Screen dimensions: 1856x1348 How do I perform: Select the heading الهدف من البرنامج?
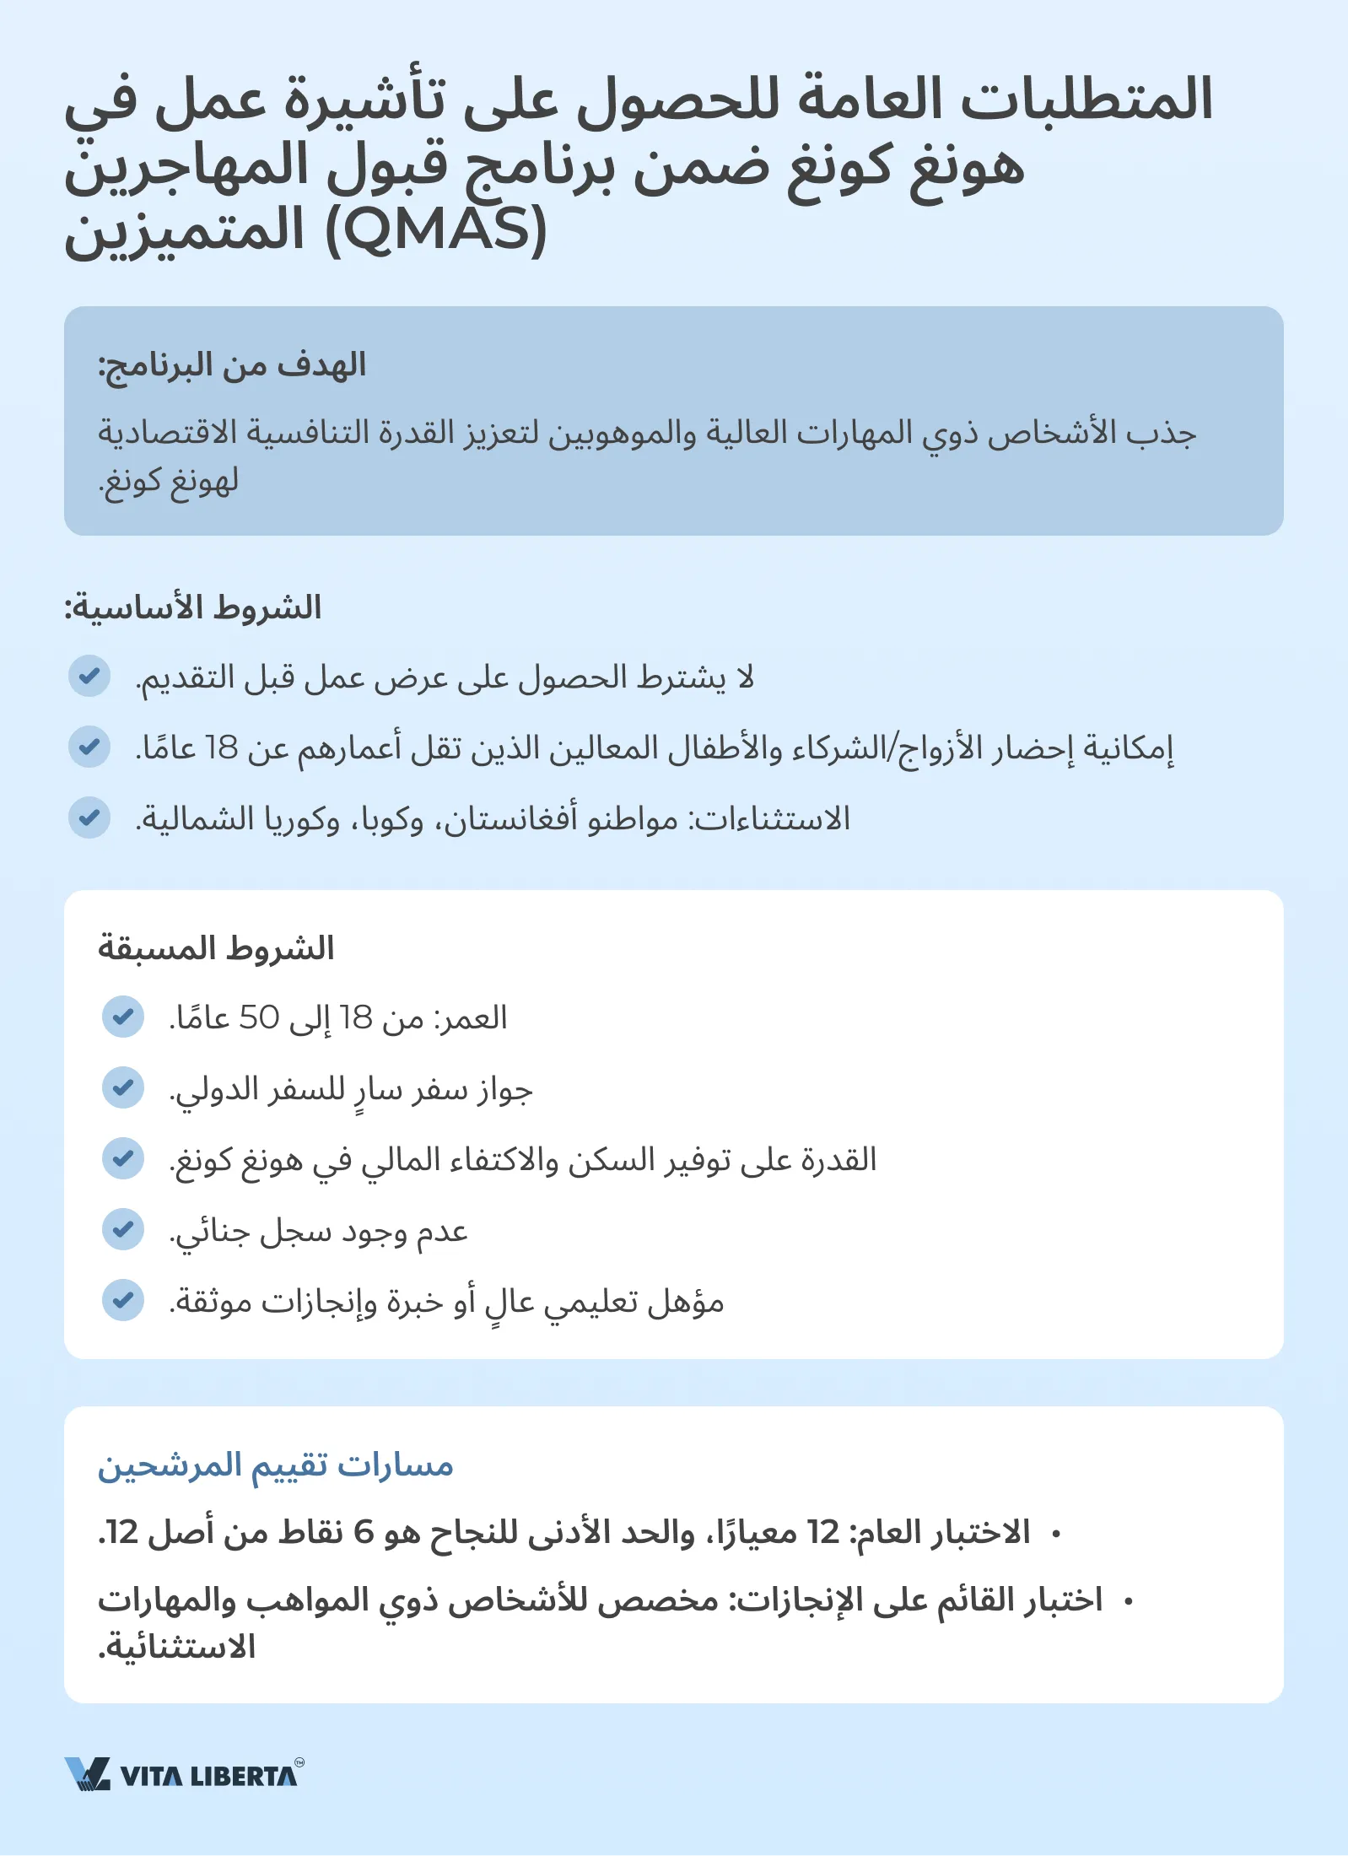(232, 366)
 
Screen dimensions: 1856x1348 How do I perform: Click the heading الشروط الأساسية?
(193, 608)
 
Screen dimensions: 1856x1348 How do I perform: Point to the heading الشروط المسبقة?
(216, 948)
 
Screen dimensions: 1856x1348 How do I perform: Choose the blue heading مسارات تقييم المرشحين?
(276, 1465)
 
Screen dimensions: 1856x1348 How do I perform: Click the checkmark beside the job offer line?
(89, 676)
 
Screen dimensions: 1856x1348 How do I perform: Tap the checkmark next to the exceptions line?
(89, 817)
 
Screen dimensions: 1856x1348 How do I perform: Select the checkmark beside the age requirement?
(123, 1017)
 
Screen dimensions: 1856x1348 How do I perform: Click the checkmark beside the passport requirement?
(123, 1087)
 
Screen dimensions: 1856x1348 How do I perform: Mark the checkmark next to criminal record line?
(123, 1229)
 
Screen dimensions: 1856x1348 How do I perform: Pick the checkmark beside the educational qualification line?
(123, 1300)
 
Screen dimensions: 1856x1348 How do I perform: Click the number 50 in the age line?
(259, 1018)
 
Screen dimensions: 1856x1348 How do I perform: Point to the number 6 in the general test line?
(364, 1532)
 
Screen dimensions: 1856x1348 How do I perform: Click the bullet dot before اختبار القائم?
(1128, 1600)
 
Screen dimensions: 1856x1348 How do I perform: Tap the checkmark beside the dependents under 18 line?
(89, 747)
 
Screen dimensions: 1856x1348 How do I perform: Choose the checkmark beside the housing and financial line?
(123, 1158)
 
